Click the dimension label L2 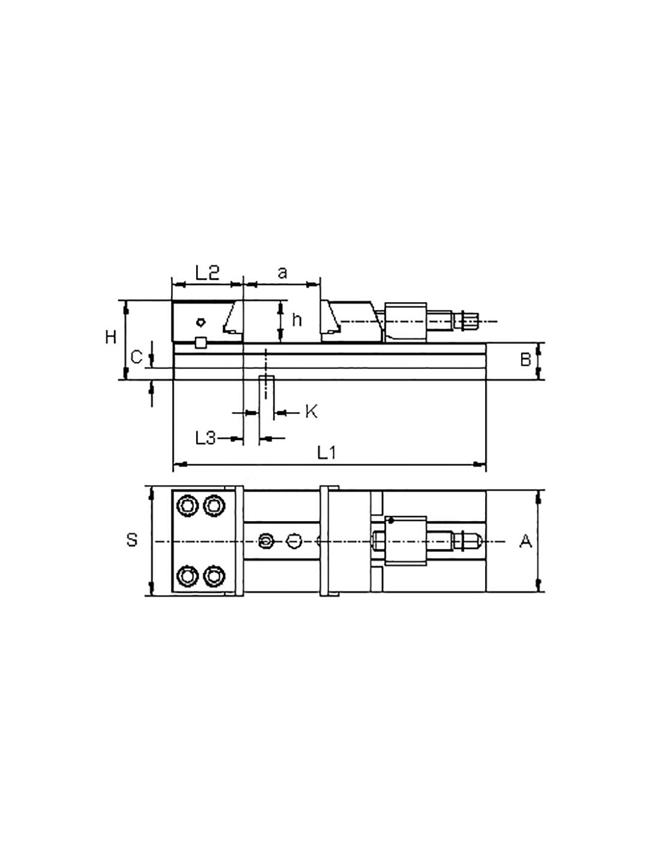pos(207,273)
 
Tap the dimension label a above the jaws pos(282,273)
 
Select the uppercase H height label pos(111,337)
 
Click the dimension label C pos(136,358)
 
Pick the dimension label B pos(525,359)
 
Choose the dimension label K pos(311,412)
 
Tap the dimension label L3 pos(206,438)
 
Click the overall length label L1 pos(326,453)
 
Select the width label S pos(132,540)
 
